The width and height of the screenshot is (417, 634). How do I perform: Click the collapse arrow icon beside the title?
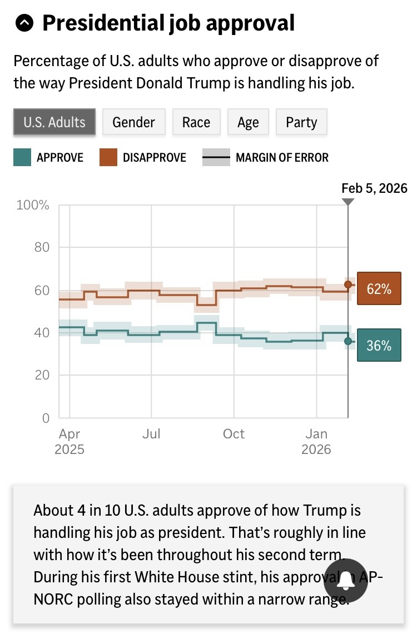pyautogui.click(x=25, y=23)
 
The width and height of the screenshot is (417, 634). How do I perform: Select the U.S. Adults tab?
pyautogui.click(x=54, y=122)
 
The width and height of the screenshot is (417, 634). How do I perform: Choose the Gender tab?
pyautogui.click(x=133, y=122)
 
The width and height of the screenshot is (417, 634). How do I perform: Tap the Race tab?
pyautogui.click(x=196, y=122)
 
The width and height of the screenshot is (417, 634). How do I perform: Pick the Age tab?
pyautogui.click(x=248, y=122)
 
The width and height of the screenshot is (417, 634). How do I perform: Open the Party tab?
pyautogui.click(x=301, y=122)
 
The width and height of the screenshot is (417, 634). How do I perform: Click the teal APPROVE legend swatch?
pyautogui.click(x=22, y=157)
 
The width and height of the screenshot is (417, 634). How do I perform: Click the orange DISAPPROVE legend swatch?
pyautogui.click(x=108, y=157)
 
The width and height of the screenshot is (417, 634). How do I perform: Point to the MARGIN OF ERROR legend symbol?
pyautogui.click(x=216, y=157)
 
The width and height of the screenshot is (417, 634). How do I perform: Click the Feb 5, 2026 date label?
pyautogui.click(x=374, y=188)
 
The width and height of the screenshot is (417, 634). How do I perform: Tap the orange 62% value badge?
pyautogui.click(x=379, y=288)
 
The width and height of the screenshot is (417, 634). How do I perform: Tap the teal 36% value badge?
pyautogui.click(x=379, y=345)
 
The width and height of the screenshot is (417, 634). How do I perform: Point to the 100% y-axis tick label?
pyautogui.click(x=33, y=206)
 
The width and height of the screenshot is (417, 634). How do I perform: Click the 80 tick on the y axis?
pyautogui.click(x=42, y=247)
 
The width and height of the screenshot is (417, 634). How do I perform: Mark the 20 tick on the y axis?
pyautogui.click(x=42, y=376)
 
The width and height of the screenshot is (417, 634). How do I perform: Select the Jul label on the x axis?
pyautogui.click(x=151, y=434)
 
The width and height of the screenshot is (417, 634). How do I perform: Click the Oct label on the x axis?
pyautogui.click(x=234, y=434)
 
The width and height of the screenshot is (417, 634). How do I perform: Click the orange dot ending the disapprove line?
pyautogui.click(x=348, y=284)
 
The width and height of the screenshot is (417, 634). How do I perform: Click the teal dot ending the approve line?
pyautogui.click(x=348, y=341)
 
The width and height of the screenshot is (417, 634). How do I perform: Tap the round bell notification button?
pyautogui.click(x=345, y=581)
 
